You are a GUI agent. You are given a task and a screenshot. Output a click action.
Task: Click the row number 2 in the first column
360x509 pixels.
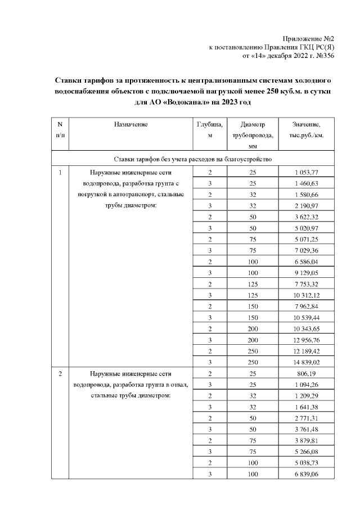pos(60,373)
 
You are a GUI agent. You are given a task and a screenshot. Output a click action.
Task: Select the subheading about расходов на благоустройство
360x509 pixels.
pos(193,160)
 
